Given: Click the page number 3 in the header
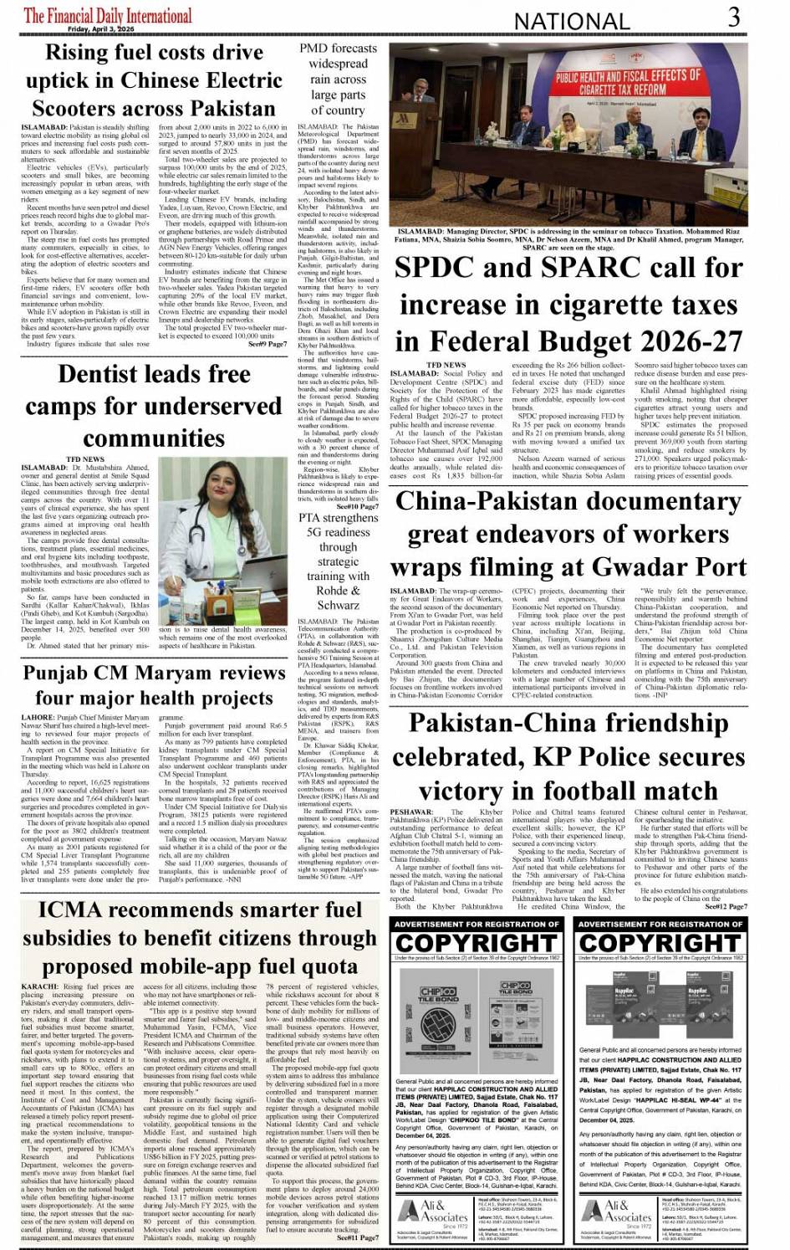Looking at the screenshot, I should pyautogui.click(x=733, y=16).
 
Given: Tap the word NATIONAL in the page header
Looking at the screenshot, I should pyautogui.click(x=572, y=21).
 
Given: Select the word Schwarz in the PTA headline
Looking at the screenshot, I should pyautogui.click(x=338, y=605).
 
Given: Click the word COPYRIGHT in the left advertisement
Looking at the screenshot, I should pyautogui.click(x=477, y=943).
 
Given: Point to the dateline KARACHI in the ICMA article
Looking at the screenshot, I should pyautogui.click(x=40, y=987).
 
